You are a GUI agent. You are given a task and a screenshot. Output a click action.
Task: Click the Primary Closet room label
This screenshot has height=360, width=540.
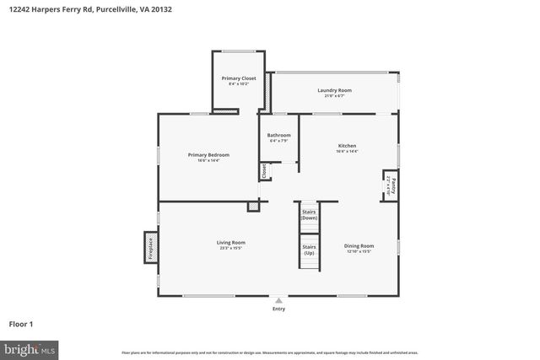pyautogui.click(x=236, y=78)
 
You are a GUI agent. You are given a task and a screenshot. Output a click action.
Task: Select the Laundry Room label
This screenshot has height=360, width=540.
pyautogui.click(x=334, y=89)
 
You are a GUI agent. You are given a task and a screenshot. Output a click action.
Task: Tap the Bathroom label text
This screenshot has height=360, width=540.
pyautogui.click(x=278, y=135)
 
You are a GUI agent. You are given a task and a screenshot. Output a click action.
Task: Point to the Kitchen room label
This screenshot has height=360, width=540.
pyautogui.click(x=348, y=145)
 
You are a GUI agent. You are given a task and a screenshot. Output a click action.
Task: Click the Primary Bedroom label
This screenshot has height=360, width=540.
pyautogui.click(x=208, y=154)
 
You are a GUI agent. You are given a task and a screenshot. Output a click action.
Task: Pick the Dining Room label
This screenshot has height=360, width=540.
pyautogui.click(x=359, y=245)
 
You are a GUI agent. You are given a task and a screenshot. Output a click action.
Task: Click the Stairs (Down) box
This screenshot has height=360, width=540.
pyautogui.click(x=309, y=215)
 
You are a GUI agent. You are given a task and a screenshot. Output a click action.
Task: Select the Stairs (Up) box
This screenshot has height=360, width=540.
pyautogui.click(x=309, y=250)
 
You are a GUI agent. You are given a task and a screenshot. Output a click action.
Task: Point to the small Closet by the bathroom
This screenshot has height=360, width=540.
pyautogui.click(x=263, y=170)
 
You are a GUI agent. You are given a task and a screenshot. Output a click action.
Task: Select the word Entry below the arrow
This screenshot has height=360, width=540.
pyautogui.click(x=278, y=309)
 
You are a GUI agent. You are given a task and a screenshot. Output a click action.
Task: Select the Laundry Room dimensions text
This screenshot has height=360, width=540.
pyautogui.click(x=334, y=96)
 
